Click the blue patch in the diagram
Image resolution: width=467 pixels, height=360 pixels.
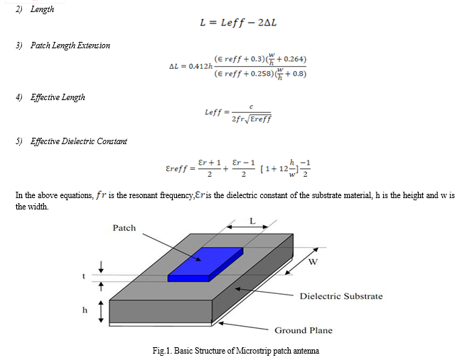coord(205,265)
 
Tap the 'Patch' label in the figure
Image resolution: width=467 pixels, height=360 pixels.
coord(124,228)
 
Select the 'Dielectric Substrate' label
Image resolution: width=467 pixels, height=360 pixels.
coord(341,296)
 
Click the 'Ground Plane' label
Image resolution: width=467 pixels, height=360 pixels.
coord(304,330)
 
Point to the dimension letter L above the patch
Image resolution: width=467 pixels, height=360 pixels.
coord(252,221)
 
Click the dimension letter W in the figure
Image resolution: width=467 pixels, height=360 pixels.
coord(313,262)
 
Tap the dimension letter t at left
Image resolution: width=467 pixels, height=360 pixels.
coord(84,276)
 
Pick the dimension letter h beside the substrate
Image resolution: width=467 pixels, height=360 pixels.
coord(85,310)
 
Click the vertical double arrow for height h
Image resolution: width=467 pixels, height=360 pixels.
coord(101,312)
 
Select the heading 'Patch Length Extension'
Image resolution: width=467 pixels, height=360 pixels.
coord(70,45)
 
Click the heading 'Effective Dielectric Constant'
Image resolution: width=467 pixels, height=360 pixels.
coord(79,141)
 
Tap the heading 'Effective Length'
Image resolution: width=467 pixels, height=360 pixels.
coord(58,97)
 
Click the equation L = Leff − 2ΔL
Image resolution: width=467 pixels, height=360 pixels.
coord(238,23)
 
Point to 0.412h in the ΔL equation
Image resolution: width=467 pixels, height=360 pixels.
coord(200,66)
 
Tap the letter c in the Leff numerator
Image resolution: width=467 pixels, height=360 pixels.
coord(251,107)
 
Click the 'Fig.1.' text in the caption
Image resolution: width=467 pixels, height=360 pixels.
coord(162,351)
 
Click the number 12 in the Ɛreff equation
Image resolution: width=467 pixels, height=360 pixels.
coord(284,169)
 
